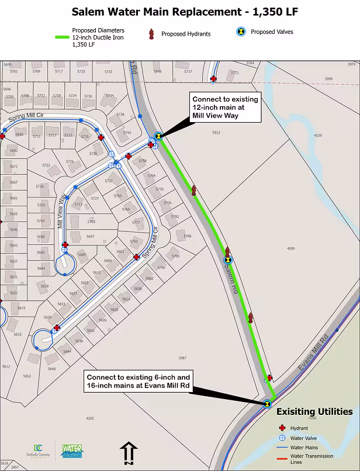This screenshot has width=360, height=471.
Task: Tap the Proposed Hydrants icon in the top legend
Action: pyautogui.click(x=151, y=34)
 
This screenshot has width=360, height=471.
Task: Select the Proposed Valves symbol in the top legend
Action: pyautogui.click(x=240, y=32)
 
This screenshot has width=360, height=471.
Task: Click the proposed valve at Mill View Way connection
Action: pyautogui.click(x=158, y=137)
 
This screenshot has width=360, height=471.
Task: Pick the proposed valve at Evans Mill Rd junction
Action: pyautogui.click(x=266, y=403)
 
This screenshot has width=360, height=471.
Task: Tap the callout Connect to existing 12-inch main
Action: pyautogui.click(x=225, y=108)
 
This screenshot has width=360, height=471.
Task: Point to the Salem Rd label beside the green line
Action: pyautogui.click(x=230, y=281)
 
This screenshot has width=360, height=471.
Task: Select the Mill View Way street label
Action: pyautogui.click(x=58, y=213)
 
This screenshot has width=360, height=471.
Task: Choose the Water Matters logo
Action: pyautogui.click(x=72, y=451)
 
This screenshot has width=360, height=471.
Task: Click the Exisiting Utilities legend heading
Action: pyautogui.click(x=314, y=411)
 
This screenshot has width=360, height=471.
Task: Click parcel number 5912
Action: pyautogui.click(x=216, y=133)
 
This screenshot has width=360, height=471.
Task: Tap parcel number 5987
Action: pyautogui.click(x=182, y=358)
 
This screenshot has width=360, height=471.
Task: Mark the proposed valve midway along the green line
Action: pyautogui.click(x=228, y=260)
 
